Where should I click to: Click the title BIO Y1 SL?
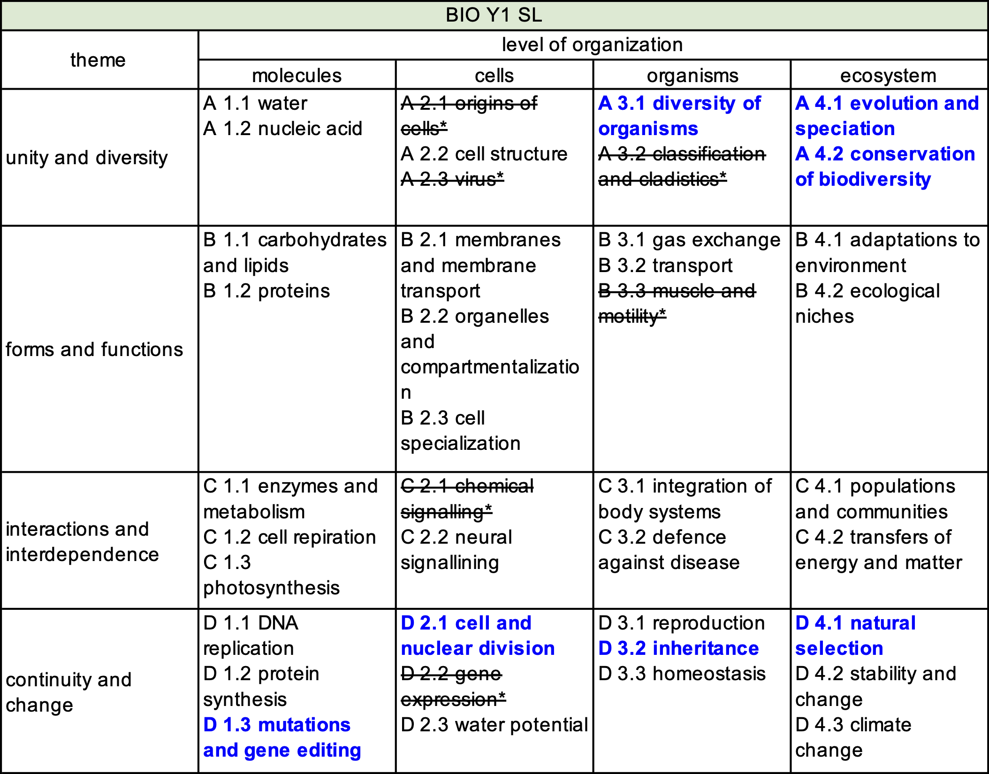494,15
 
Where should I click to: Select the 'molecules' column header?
297,76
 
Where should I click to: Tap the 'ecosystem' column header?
888,76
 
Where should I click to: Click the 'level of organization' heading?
592,45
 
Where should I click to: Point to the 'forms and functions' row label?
94,349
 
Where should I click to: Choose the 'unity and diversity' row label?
87,158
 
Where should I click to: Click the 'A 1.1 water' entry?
255,103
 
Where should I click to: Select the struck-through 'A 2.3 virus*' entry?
452,179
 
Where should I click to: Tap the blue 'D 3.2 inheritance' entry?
678,648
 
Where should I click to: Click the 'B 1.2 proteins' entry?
266,291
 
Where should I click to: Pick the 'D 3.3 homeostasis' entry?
682,674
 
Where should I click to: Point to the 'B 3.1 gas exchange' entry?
689,240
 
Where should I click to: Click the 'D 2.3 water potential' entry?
494,725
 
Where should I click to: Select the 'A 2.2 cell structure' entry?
484,154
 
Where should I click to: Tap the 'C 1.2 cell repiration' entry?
289,537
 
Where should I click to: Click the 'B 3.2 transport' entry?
665,266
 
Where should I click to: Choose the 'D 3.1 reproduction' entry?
681,623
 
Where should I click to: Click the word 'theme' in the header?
98,60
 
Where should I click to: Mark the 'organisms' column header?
692,76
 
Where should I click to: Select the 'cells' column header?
494,76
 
